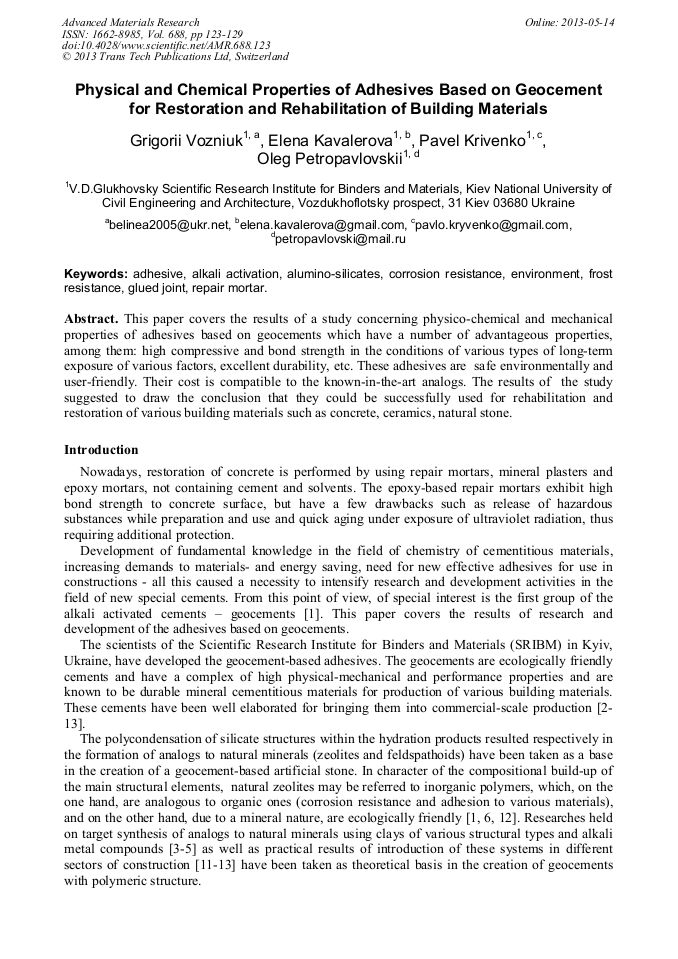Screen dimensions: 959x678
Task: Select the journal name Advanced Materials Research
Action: (130, 22)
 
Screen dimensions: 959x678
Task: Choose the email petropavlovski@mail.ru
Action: (340, 240)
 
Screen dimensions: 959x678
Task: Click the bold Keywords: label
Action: (96, 274)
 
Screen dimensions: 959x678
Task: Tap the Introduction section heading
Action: (101, 450)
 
